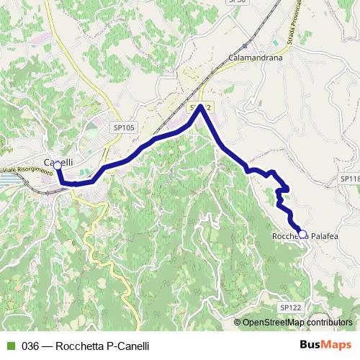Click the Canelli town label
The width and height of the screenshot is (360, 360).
click(60, 161)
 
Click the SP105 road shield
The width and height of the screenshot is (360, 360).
click(124, 127)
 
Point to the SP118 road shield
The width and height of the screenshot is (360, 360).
click(350, 177)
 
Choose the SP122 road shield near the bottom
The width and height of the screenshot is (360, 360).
click(289, 307)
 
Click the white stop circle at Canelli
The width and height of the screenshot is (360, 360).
click(58, 166)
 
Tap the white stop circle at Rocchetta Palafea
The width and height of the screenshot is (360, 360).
click(302, 234)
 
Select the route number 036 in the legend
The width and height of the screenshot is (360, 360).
click(30, 345)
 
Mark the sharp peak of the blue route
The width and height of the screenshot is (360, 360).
click(201, 108)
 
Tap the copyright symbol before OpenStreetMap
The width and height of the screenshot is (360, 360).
click(238, 323)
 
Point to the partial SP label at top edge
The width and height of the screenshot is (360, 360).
click(237, 2)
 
